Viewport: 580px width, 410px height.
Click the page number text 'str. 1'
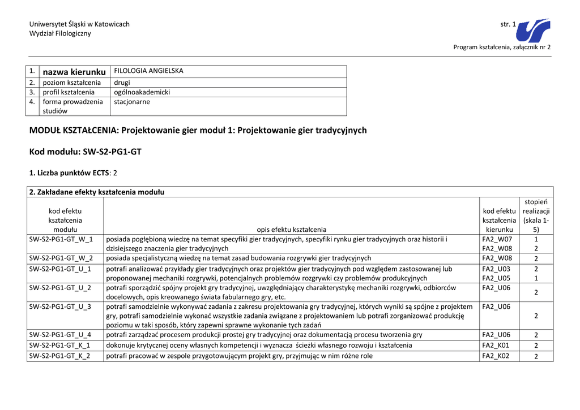(508, 24)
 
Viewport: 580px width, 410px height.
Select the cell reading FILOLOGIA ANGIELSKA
(148, 71)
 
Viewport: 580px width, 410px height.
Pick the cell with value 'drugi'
(122, 83)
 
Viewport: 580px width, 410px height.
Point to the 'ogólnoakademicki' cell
(142, 92)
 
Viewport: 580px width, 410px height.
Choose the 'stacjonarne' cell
(132, 102)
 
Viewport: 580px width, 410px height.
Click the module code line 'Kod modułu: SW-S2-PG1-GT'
(85, 152)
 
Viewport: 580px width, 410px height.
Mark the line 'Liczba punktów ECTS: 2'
(73, 172)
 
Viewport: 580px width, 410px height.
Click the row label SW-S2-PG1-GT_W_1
(61, 239)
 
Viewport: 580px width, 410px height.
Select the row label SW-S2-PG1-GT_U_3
(61, 307)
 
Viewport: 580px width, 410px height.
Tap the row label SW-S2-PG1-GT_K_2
(61, 356)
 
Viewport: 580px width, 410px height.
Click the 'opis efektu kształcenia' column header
(291, 230)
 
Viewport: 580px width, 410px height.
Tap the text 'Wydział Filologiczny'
(60, 33)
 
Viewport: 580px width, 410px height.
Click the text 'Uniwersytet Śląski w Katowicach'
(79, 24)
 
